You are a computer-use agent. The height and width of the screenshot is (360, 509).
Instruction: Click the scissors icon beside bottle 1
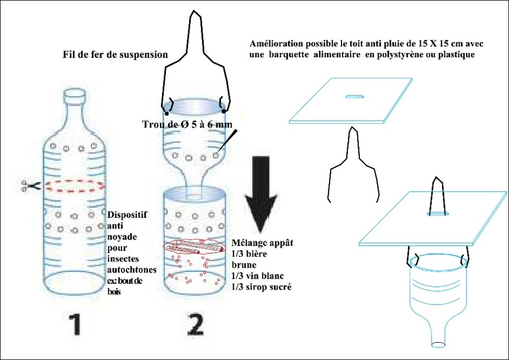[29, 187]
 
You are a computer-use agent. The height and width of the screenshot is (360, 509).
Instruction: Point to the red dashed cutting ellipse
[75, 186]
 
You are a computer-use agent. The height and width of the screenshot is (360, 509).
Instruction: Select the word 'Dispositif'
[125, 214]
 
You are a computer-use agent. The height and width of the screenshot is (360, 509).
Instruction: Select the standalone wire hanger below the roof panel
[353, 163]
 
